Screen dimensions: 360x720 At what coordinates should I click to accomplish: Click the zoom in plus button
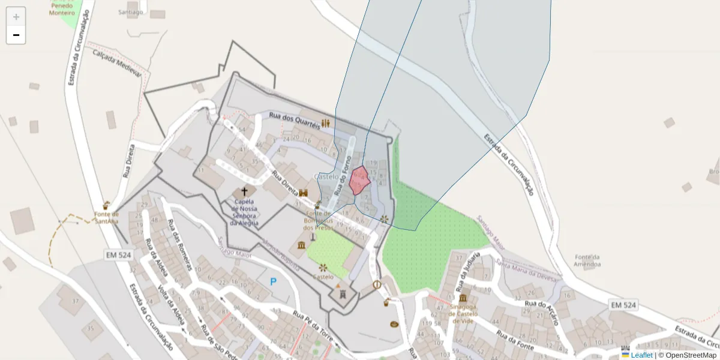coord(16,17)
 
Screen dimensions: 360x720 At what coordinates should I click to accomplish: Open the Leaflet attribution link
coord(641,355)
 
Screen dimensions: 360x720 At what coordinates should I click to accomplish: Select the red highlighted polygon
coord(359,181)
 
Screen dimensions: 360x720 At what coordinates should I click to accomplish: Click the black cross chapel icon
coord(244,191)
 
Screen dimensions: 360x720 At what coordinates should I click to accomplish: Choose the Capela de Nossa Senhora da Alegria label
coord(244,212)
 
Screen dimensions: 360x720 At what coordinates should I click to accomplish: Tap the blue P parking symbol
coord(274,281)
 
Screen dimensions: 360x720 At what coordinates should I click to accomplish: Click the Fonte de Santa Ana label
coord(106,217)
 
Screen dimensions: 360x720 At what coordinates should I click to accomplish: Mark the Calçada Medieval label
coord(116,62)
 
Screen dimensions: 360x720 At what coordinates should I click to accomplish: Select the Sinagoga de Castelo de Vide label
coord(464,313)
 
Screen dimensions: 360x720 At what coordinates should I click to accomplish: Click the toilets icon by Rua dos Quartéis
coord(326,122)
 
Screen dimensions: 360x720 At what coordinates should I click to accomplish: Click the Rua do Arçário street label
coord(542,313)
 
